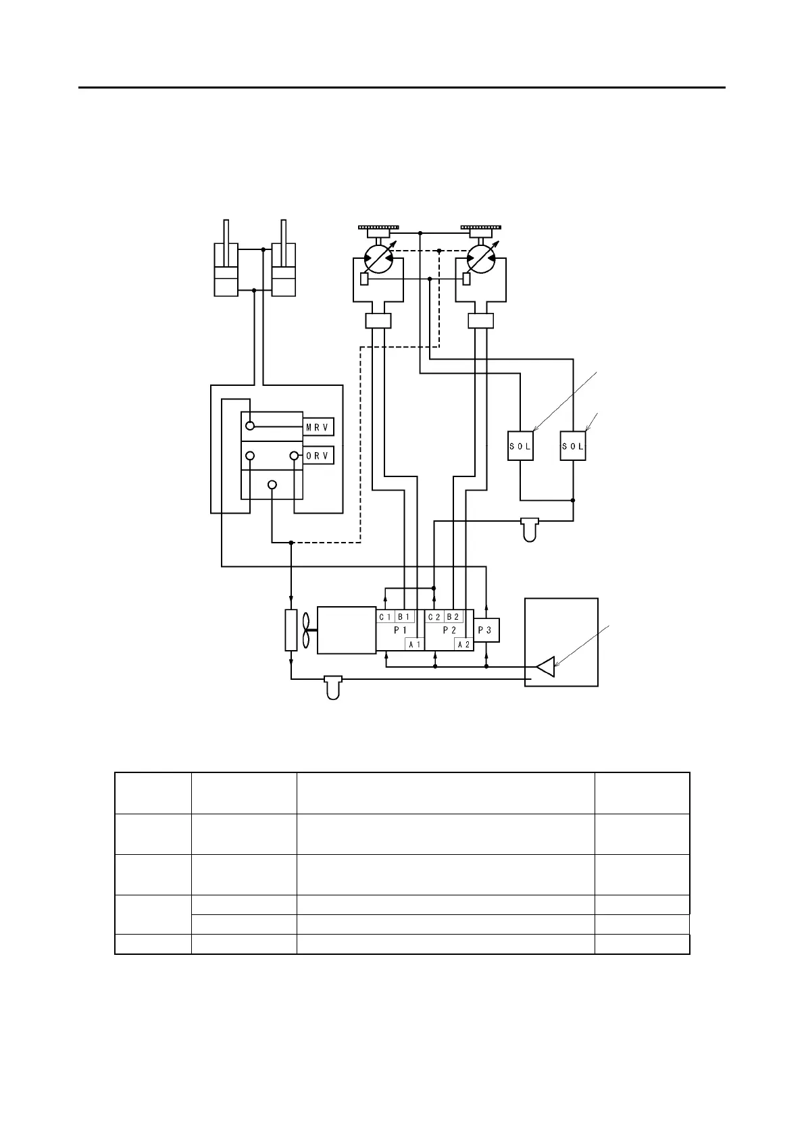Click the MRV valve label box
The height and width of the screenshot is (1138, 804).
318,427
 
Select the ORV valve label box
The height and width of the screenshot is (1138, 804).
318,456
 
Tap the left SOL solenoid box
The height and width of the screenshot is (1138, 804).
520,446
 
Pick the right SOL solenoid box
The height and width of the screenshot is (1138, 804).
573,446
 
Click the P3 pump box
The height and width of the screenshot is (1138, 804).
486,630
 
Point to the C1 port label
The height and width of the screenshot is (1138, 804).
385,617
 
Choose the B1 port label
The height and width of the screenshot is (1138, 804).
404,617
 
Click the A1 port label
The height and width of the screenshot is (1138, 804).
414,645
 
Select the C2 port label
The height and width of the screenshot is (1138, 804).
434,617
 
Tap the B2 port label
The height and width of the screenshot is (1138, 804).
453,617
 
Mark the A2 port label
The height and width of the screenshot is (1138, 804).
463,645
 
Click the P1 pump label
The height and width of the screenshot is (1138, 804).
401,630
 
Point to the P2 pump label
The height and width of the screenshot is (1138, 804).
449,630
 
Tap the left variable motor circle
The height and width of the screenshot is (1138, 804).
378,259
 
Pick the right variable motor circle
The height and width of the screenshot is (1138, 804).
480,259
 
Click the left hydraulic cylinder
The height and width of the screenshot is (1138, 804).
226,260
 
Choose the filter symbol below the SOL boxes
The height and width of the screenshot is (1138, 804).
531,529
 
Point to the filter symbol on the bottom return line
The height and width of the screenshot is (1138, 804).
333,686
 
